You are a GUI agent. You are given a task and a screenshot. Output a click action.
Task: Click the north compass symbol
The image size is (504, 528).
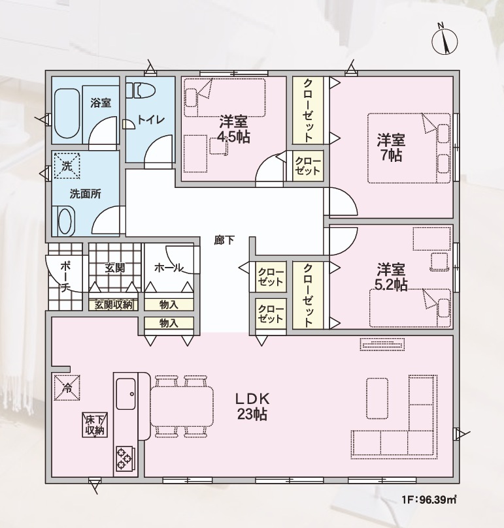445,40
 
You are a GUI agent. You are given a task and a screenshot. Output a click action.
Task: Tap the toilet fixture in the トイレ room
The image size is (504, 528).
141,90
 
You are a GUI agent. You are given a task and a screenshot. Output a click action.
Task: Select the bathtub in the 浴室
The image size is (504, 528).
67,113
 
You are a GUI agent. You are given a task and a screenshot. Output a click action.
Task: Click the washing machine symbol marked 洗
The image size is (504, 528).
67,166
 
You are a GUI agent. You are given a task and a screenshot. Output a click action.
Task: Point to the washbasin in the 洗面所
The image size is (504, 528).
65,221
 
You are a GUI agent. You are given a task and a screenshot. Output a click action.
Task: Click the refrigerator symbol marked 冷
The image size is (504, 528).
67,387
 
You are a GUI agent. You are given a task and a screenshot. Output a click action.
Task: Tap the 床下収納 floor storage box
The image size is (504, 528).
95,425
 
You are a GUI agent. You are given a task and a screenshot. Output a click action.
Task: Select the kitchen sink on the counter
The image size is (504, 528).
126,394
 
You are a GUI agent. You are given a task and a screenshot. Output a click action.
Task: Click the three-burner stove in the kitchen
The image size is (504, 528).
125,458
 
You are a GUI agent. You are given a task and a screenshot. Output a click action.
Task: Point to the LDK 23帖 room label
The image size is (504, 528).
252,407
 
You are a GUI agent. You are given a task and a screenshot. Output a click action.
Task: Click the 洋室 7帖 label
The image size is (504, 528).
392,148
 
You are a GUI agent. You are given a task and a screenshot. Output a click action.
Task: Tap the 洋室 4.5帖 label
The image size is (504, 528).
234,129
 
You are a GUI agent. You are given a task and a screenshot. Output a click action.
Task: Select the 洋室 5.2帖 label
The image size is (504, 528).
392,277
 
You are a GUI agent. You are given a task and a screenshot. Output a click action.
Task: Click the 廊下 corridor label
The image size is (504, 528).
224,240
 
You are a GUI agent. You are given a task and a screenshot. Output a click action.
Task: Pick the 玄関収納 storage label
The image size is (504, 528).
113,305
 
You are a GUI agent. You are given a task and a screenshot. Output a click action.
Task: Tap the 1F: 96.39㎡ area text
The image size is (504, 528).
429,499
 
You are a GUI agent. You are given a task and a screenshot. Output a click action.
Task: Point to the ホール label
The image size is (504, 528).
169,268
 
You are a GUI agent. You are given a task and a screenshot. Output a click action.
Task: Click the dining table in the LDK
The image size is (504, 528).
182,407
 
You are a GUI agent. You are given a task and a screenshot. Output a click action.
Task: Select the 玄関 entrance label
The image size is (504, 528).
114,268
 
